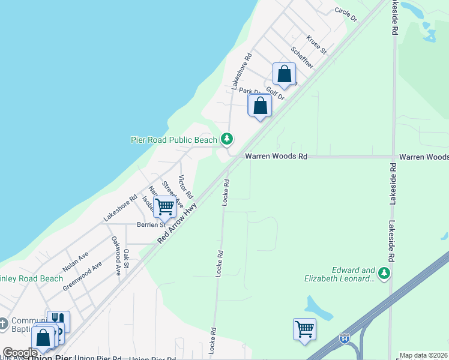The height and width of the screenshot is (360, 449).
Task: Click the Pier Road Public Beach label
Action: point(174,140)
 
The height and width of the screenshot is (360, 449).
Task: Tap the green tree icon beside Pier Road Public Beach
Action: point(226,140)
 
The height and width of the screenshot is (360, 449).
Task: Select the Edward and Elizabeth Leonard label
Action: point(354,274)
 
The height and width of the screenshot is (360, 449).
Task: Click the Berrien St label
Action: point(150,224)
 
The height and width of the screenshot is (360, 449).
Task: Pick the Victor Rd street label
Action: point(185,187)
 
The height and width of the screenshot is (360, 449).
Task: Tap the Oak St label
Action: point(127,254)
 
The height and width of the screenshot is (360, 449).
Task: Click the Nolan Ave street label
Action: point(76,262)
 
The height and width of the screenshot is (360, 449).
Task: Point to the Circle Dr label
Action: point(346,14)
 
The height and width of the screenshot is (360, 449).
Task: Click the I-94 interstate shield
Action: point(345,338)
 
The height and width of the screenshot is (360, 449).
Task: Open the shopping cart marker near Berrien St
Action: point(164,207)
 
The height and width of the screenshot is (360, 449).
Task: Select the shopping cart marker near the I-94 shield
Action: point(304,329)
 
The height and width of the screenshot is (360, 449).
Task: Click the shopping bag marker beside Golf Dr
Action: point(285,74)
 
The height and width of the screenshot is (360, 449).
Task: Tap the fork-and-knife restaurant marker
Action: point(59,321)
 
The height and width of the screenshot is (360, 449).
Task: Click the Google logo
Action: point(20,353)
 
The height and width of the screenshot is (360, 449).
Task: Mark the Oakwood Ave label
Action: point(116,256)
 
